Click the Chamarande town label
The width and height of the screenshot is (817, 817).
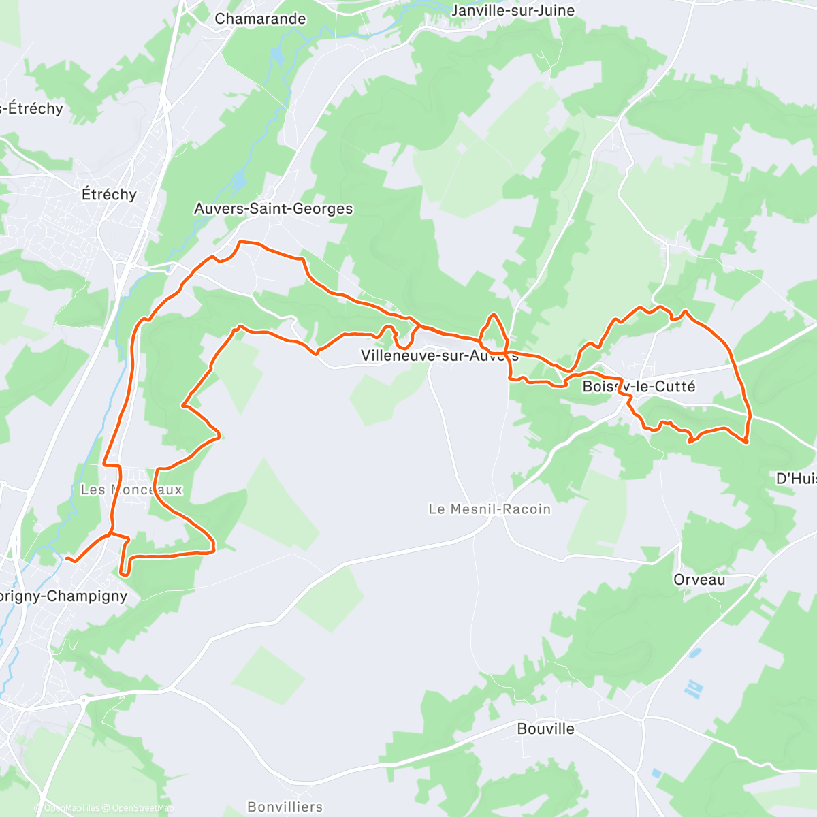coord(260,19)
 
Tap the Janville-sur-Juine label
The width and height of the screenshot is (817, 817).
coord(513,11)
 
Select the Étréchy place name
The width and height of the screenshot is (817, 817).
coord(109,195)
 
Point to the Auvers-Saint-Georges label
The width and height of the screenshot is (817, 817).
coord(274,209)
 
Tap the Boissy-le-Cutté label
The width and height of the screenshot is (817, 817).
coord(639,387)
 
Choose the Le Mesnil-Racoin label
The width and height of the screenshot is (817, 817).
coord(490,509)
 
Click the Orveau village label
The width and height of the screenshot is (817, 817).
coord(699,580)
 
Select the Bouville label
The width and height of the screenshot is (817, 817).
coord(545,729)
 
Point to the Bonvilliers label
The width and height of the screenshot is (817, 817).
coord(285,807)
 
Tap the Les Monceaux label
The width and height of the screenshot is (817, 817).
coord(131,490)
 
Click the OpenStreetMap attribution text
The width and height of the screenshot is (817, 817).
coord(143,808)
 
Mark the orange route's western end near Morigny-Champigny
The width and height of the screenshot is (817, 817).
coord(67,558)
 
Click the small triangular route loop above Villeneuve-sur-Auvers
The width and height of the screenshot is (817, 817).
coord(494,331)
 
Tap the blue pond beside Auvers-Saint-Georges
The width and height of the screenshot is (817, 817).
coord(239,180)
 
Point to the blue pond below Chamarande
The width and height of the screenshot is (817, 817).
coord(275,54)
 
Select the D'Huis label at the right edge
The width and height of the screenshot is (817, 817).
coord(796,479)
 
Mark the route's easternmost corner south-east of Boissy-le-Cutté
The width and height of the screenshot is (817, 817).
coord(747,442)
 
